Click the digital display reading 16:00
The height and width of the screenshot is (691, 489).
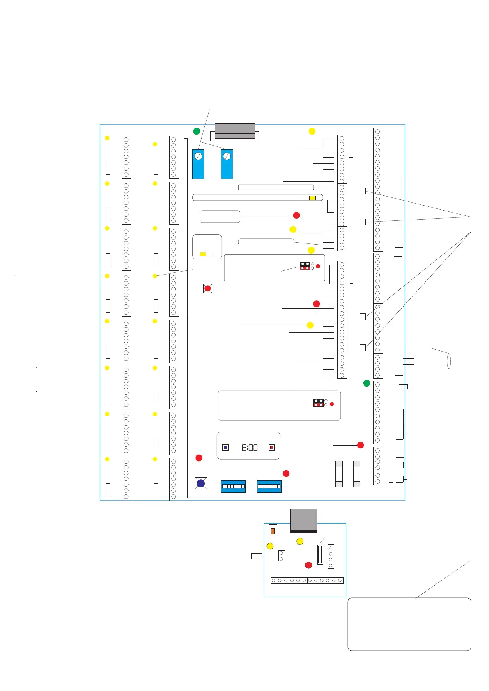point(248,447)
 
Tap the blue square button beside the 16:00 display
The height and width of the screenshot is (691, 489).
point(225,447)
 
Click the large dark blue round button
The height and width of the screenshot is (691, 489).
point(201,483)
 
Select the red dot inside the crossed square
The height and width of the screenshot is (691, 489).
point(208,288)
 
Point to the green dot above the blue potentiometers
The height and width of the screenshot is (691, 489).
point(197,131)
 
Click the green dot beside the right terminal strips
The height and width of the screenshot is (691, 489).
point(367,383)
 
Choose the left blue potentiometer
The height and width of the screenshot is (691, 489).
point(198,164)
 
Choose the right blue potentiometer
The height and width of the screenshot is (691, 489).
point(227,164)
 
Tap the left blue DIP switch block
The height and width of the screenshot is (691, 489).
point(233,486)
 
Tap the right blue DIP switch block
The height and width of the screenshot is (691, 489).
point(269,486)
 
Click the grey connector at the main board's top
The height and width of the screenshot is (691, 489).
point(235,131)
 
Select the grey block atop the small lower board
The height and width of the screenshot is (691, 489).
point(303,520)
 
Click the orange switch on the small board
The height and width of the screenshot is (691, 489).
point(272,531)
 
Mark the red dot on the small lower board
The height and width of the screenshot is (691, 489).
point(309,565)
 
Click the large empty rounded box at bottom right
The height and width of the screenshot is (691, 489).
point(409,624)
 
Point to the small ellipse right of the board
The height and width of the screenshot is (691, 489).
point(449,361)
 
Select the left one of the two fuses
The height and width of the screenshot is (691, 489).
point(339,474)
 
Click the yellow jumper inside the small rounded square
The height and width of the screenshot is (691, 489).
point(203,254)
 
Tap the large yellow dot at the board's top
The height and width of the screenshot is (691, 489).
point(312,131)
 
